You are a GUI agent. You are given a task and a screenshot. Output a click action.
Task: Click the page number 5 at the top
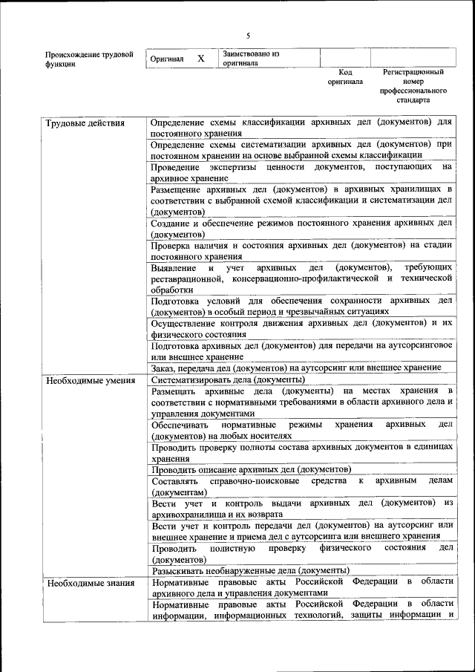point(249,36)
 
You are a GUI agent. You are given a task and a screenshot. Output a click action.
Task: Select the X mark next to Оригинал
point(200,58)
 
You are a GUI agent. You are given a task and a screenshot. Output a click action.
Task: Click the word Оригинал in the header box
point(166,59)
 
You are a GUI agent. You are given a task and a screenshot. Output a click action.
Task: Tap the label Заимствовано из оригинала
point(250,59)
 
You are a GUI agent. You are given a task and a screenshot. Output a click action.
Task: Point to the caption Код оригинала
point(345,77)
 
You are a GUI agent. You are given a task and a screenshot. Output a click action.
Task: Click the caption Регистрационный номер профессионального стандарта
point(413,85)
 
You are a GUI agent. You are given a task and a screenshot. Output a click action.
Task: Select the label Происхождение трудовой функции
point(89,59)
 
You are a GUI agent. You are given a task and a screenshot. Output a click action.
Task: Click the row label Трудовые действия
point(85,123)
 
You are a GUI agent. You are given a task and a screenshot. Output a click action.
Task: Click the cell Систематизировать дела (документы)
point(223,379)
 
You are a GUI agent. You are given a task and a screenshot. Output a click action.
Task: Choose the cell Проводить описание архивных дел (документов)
point(251,469)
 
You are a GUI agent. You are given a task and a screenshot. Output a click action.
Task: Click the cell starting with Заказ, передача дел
point(296,368)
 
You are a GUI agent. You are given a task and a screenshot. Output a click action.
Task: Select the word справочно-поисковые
point(250,481)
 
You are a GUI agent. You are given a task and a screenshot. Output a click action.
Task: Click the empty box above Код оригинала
point(345,58)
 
